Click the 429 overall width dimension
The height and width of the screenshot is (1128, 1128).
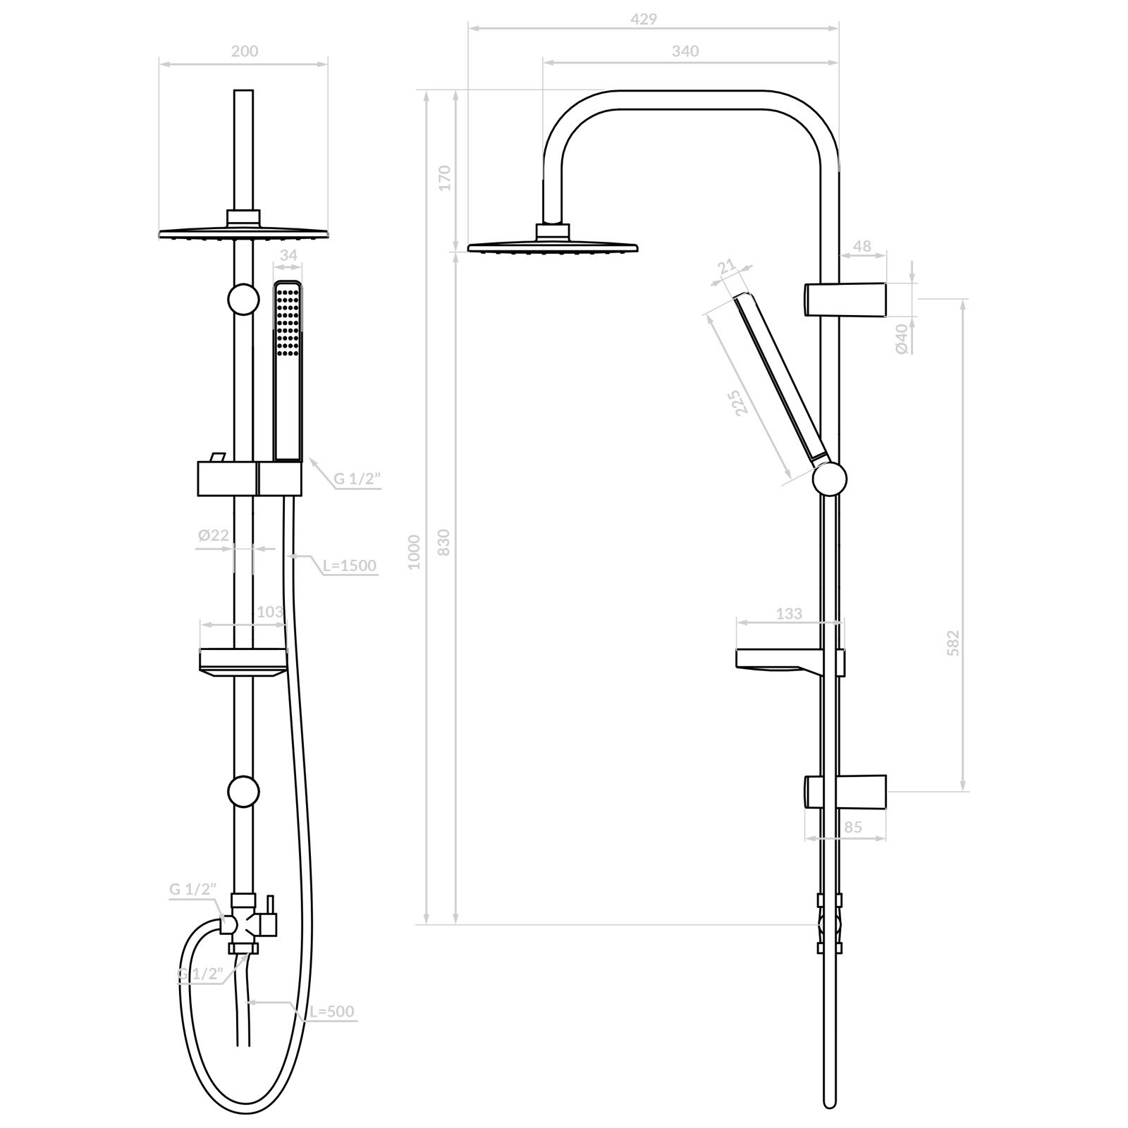click(644, 20)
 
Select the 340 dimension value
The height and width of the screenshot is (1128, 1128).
click(685, 51)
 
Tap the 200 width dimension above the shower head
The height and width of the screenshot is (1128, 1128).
click(245, 51)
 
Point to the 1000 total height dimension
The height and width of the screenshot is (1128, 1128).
click(414, 552)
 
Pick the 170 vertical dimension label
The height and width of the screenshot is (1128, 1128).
click(443, 178)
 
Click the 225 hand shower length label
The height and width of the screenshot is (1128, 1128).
click(737, 403)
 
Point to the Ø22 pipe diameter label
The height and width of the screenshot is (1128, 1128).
click(214, 536)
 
